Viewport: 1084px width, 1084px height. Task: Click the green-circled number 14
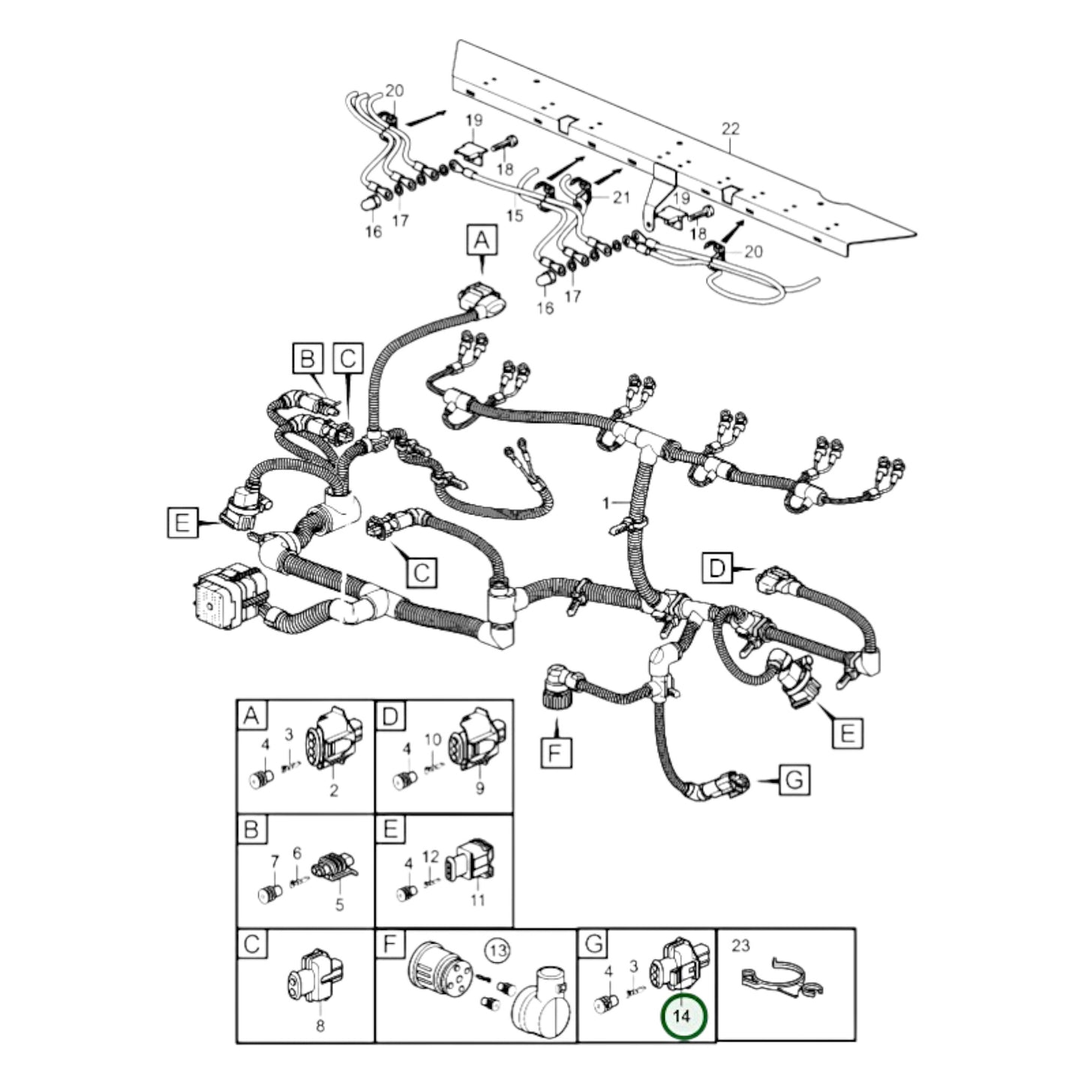tap(683, 1016)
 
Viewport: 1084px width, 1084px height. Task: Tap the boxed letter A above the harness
tap(482, 241)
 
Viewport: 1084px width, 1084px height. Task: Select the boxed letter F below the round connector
tap(556, 752)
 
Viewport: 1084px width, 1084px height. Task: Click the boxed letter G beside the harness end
tap(794, 780)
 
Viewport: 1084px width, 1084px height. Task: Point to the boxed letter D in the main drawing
tap(718, 568)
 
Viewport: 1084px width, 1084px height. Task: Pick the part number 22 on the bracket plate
tap(730, 128)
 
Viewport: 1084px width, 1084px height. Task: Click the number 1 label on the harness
tap(607, 500)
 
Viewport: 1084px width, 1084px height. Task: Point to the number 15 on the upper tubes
tap(514, 216)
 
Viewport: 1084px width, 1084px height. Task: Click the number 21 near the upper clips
tap(621, 197)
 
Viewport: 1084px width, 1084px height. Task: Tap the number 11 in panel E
tap(478, 899)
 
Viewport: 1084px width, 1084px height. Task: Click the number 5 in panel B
tap(339, 905)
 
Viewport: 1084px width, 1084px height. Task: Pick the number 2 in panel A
tap(334, 789)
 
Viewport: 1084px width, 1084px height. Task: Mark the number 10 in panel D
tap(433, 739)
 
